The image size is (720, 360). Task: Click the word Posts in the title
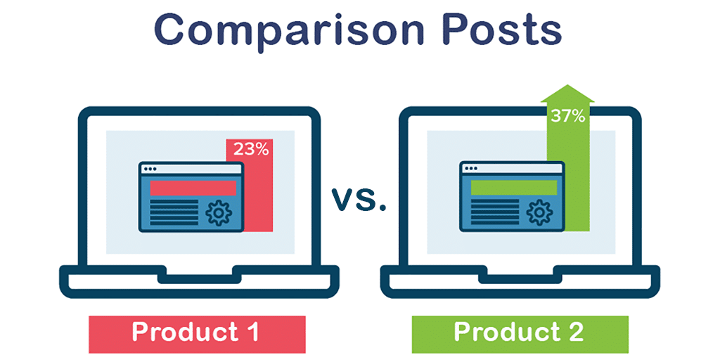click(x=501, y=30)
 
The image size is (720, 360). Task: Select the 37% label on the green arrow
click(x=567, y=116)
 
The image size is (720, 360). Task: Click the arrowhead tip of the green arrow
click(x=567, y=84)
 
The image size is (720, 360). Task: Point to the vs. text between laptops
click(x=359, y=199)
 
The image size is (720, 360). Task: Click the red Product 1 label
click(x=197, y=334)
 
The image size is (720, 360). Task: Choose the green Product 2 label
click(x=520, y=334)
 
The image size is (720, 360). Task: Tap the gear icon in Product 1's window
click(x=218, y=212)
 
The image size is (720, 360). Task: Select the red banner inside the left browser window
click(x=193, y=188)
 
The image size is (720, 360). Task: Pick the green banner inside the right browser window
click(x=514, y=188)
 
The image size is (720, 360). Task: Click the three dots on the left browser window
click(x=150, y=169)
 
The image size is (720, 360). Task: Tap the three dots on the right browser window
click(x=470, y=169)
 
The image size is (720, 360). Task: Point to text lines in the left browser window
click(x=174, y=212)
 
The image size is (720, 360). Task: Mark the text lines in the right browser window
click(x=494, y=212)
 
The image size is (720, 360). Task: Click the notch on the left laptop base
click(x=199, y=274)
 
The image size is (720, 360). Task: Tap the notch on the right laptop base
click(x=520, y=274)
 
